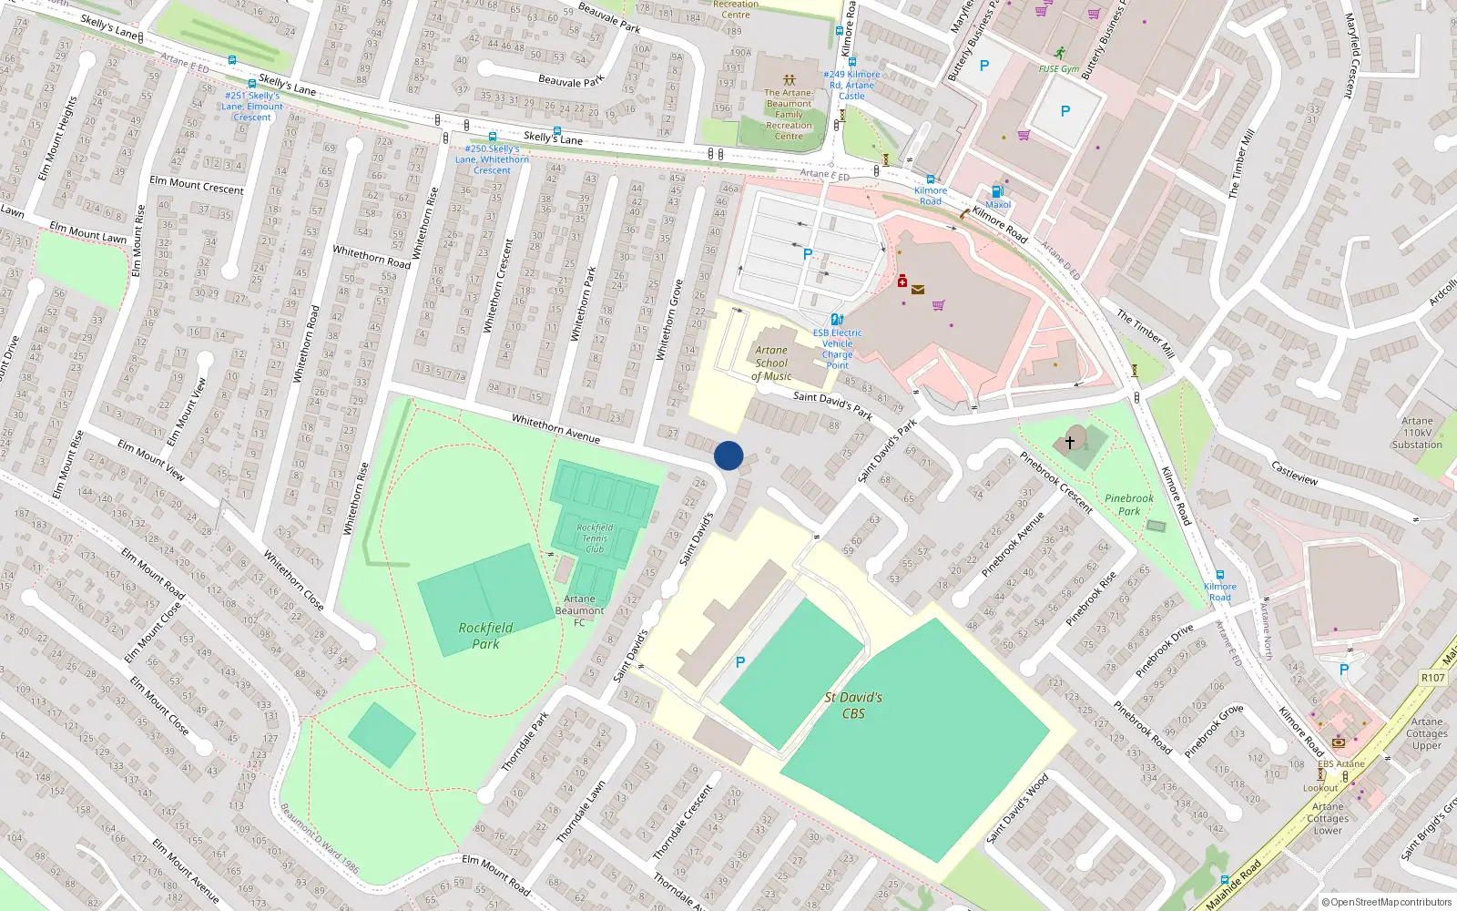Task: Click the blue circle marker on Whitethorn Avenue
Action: point(728,455)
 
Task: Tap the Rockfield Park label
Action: point(485,636)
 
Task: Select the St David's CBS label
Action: point(853,705)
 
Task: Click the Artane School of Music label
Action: point(771,363)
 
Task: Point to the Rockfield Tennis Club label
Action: point(595,537)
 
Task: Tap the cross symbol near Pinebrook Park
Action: point(1070,442)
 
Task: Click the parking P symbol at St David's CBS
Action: point(740,662)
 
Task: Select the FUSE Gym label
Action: point(1059,69)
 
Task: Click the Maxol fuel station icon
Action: point(997,191)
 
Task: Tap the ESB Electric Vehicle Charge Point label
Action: point(838,349)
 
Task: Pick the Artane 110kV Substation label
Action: point(1417,433)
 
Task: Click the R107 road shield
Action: point(1432,678)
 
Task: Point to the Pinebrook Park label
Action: point(1129,505)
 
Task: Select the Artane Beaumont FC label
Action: point(579,610)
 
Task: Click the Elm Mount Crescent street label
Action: point(197,185)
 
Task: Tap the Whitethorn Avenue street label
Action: point(555,428)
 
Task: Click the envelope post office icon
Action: point(918,290)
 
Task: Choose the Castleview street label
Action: point(1294,472)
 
